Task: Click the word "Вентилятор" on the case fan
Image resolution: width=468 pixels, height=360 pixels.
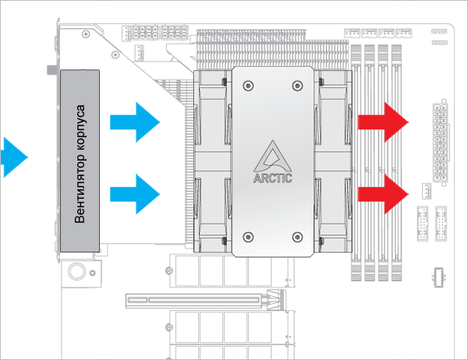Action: click(79, 185)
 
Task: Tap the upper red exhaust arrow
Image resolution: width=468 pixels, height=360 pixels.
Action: click(384, 122)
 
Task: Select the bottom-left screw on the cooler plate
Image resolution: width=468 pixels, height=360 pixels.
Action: click(249, 237)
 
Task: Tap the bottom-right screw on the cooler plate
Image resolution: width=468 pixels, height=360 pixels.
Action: click(297, 237)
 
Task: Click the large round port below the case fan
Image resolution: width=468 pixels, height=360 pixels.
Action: click(78, 271)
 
